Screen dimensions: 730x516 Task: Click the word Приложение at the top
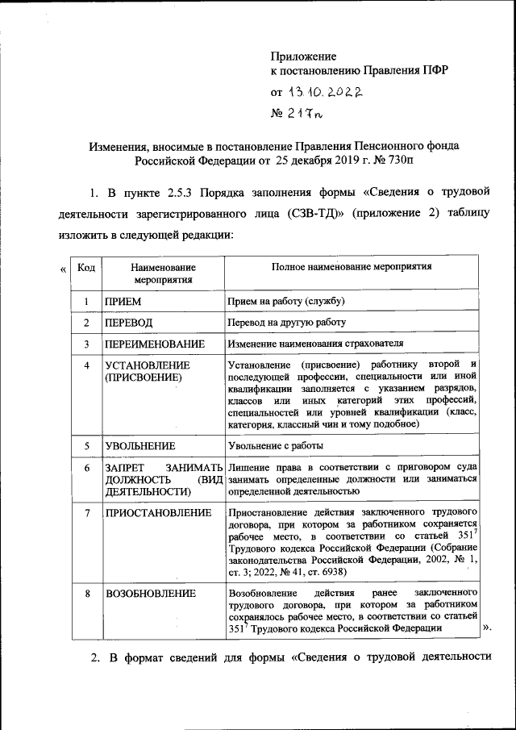pos(302,56)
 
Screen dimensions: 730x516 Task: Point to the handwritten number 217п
pos(308,114)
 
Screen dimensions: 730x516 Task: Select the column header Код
pos(85,267)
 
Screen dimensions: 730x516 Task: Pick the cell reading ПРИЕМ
pos(123,302)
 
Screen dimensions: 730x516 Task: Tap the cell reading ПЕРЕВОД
pos(129,323)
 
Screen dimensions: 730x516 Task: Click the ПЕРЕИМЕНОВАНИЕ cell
pos(155,344)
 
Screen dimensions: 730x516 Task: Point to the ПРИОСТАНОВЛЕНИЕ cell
pos(158,513)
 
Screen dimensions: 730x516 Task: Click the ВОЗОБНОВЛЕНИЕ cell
pos(151,594)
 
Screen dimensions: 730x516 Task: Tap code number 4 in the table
pos(85,365)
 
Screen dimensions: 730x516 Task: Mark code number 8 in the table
pos(85,594)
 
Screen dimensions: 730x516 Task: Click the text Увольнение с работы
pos(276,445)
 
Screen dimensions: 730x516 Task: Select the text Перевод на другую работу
pos(286,323)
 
